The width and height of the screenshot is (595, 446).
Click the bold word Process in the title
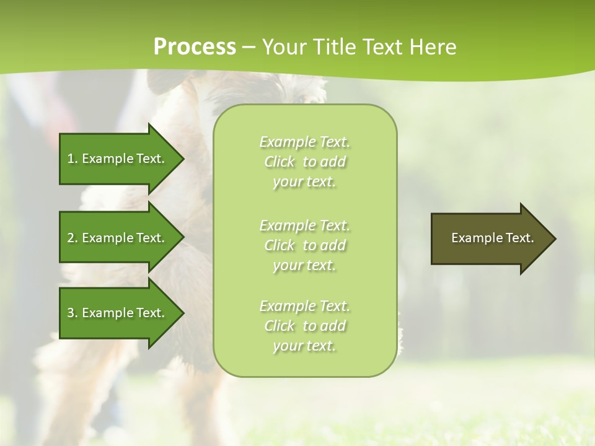195,47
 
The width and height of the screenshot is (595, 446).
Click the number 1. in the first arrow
72,159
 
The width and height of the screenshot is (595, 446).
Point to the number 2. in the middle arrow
72,238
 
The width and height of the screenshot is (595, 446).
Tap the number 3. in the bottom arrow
72,313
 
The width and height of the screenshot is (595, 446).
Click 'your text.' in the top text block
304,182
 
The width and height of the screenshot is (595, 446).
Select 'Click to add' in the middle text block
305,245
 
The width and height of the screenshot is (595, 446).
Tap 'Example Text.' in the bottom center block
305,306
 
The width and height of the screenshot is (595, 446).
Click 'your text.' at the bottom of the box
304,346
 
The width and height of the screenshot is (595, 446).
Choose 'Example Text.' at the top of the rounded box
305,142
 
